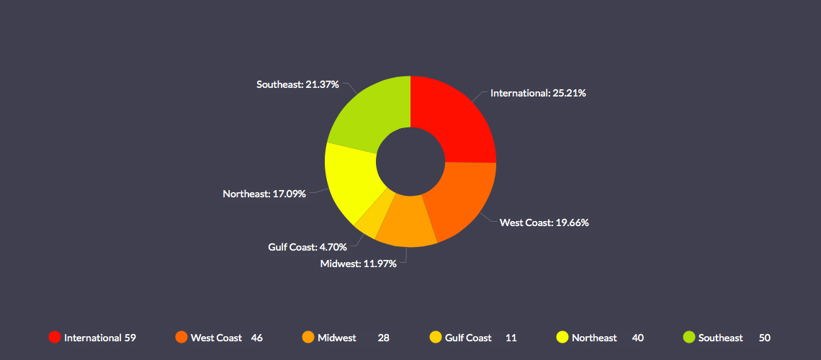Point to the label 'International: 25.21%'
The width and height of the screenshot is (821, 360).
[x=537, y=93]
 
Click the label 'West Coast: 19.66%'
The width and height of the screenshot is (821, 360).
[x=544, y=222]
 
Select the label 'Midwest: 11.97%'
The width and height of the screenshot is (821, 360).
[x=358, y=264]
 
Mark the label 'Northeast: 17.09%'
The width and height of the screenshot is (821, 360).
[x=264, y=194]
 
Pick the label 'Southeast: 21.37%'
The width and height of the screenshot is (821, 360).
[x=298, y=84]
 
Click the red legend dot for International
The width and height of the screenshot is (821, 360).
[x=54, y=337]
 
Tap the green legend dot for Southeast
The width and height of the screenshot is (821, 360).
[x=688, y=337]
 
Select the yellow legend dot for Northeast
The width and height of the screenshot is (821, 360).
[x=562, y=337]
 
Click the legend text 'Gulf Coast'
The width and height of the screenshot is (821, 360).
[x=468, y=338]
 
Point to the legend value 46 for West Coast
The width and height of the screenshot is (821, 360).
[x=256, y=338]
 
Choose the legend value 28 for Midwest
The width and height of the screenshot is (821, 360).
[x=383, y=338]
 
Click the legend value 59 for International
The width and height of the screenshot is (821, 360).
[x=130, y=338]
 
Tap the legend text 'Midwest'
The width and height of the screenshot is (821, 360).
[x=336, y=338]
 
